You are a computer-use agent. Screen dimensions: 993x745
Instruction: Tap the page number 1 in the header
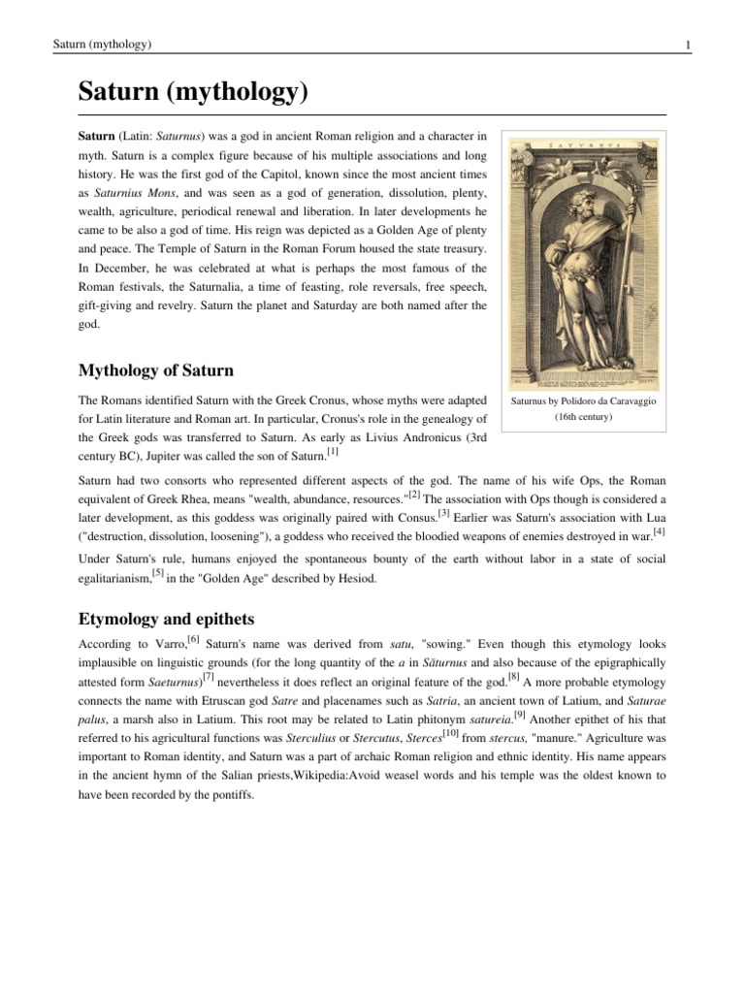pos(687,46)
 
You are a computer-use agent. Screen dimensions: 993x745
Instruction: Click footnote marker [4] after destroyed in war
pos(659,530)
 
